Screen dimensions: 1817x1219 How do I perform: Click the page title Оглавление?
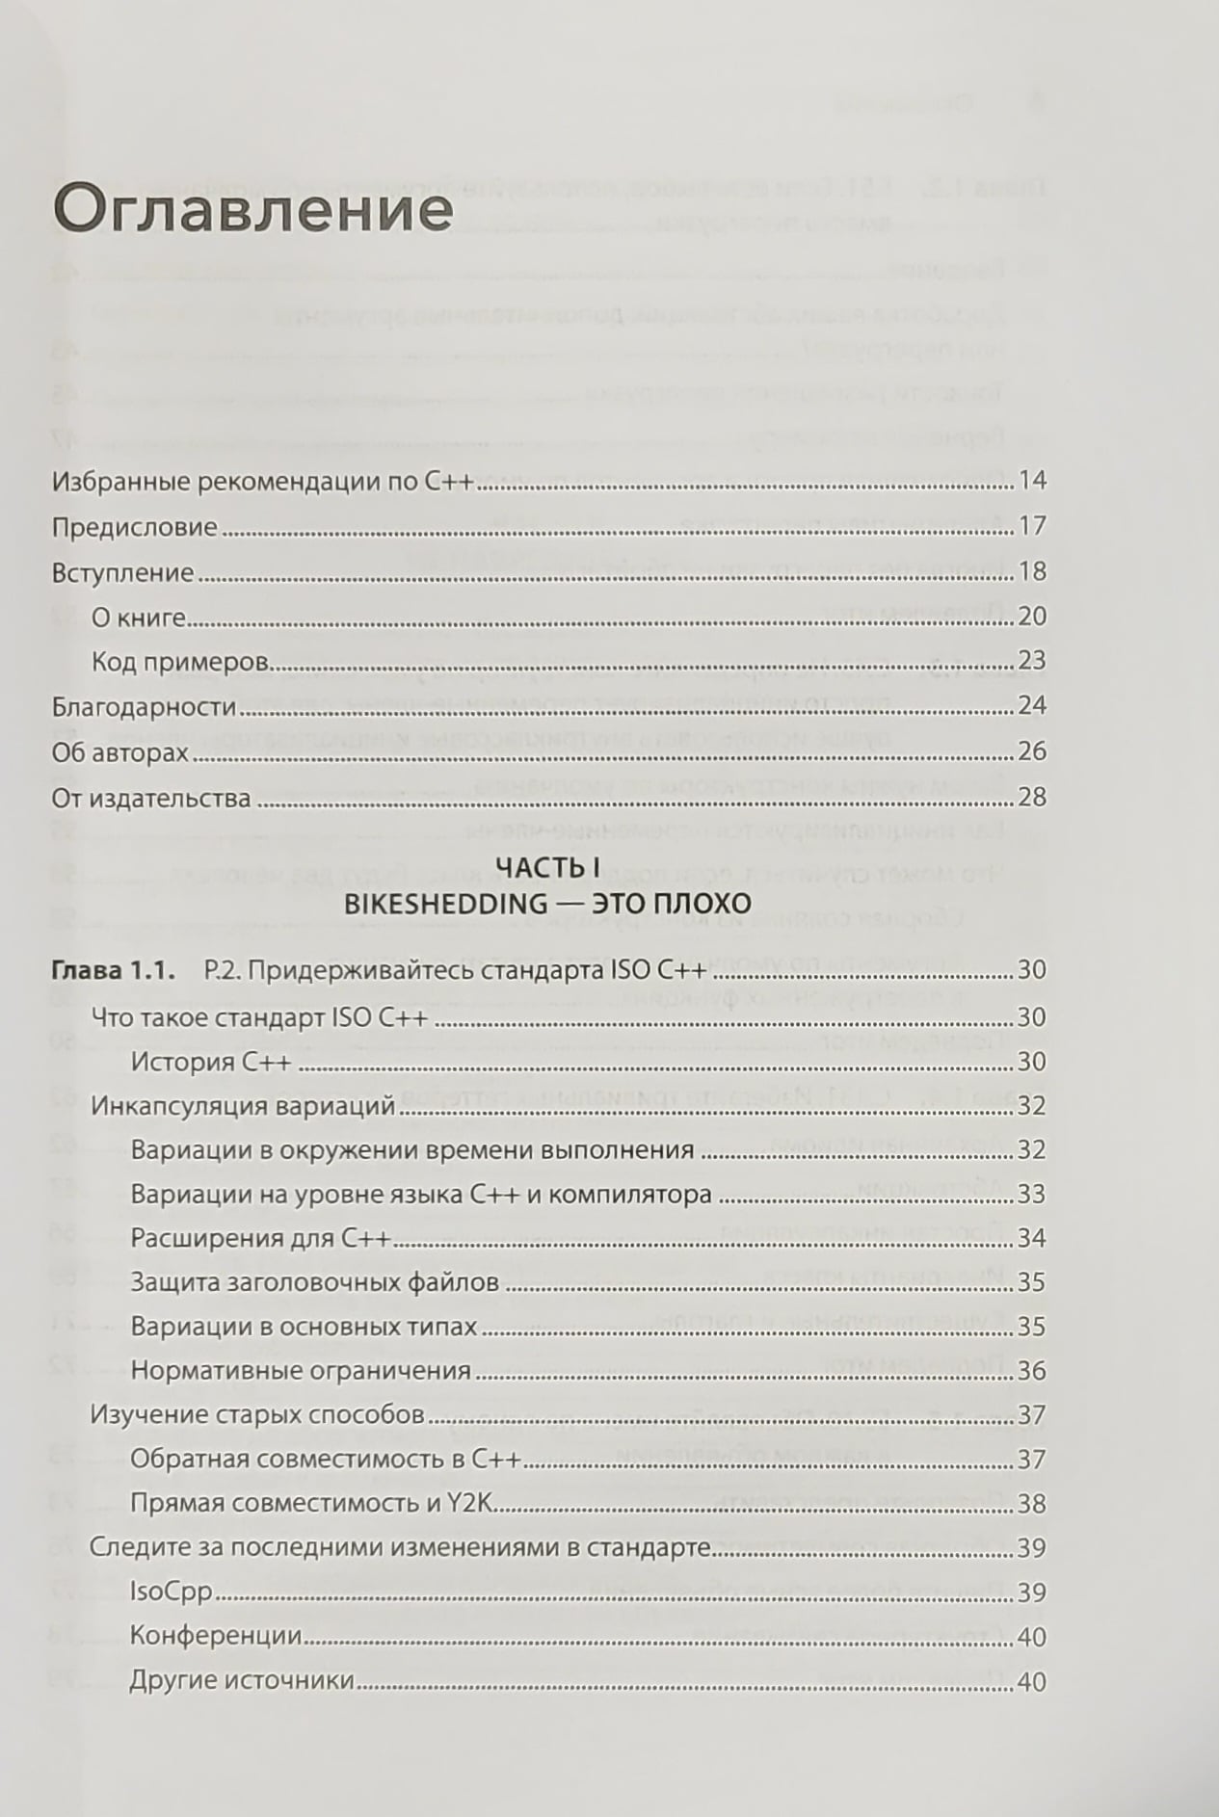point(252,208)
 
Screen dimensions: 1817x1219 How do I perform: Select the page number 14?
point(1031,481)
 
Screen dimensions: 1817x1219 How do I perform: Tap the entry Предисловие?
point(134,527)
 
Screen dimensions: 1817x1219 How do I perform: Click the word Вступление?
point(122,572)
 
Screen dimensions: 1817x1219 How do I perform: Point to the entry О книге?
point(138,617)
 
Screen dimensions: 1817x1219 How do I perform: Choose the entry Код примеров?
point(179,662)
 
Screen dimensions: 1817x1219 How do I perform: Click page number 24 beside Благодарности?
point(1031,706)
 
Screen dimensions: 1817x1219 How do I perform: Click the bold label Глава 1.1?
point(111,970)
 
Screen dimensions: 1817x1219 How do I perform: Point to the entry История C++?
point(210,1062)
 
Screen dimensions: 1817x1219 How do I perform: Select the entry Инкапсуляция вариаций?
point(243,1106)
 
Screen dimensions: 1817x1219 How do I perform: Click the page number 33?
point(1031,1195)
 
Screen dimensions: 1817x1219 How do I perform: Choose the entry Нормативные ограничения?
point(301,1370)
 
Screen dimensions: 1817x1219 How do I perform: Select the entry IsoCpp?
point(171,1593)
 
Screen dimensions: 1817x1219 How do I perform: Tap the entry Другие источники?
point(242,1682)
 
